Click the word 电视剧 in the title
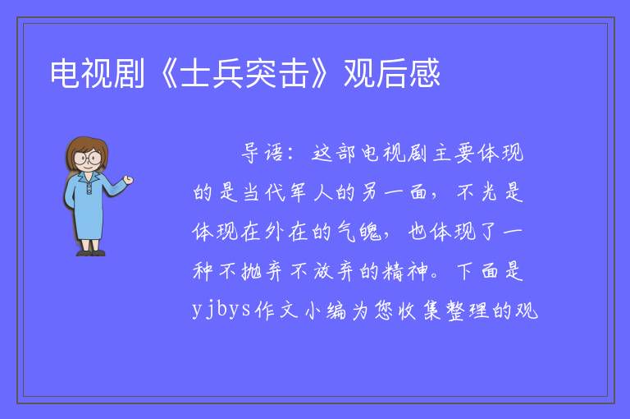[98, 73]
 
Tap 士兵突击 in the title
[244, 73]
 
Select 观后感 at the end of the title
[392, 73]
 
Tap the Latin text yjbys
[221, 310]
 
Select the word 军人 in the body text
[311, 192]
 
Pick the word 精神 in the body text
[405, 271]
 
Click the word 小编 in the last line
[326, 311]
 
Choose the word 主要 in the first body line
[454, 154]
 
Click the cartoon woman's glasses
[88, 158]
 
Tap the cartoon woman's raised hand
[128, 180]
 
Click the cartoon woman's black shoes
[91, 253]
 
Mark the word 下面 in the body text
[477, 271]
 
